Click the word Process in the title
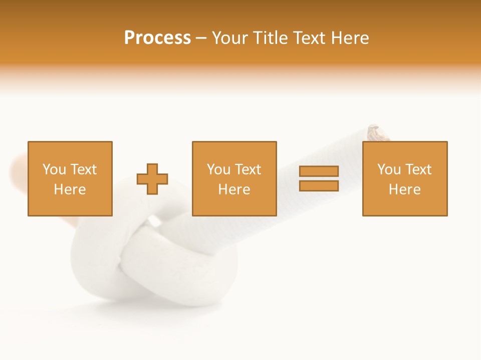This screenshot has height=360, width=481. (157, 38)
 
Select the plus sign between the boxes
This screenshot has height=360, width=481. (152, 179)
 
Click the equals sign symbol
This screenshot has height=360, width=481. (319, 178)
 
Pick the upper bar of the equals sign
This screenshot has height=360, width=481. (319, 171)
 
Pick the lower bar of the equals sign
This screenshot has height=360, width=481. (319, 186)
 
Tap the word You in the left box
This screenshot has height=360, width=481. (54, 169)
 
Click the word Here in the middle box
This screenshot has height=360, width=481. (234, 189)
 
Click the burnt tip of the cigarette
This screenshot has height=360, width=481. (378, 132)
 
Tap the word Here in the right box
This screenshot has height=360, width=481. (405, 189)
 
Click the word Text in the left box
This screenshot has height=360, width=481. (84, 169)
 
